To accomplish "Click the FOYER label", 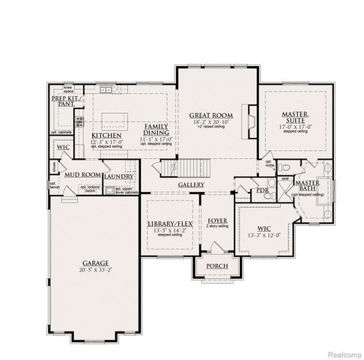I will [x=218, y=221].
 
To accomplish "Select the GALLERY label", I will [x=192, y=184].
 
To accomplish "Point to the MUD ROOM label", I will [x=82, y=175].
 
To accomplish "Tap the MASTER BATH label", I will [x=307, y=185].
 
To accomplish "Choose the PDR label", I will [x=262, y=190].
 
